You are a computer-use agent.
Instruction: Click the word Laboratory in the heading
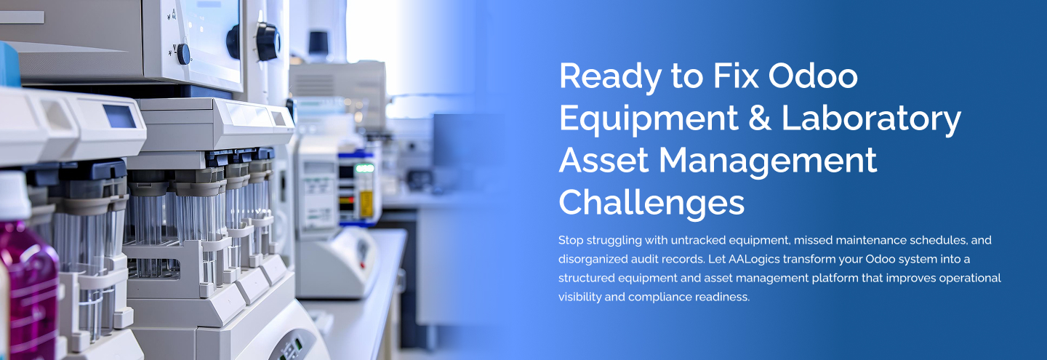click(872, 118)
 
